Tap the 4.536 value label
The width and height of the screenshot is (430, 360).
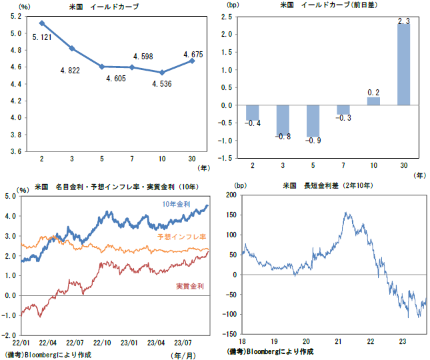tap(163, 84)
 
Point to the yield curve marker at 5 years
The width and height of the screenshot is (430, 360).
tap(101, 66)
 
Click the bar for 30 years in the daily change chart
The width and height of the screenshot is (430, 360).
tap(405, 65)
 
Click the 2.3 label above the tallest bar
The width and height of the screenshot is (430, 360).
tap(404, 21)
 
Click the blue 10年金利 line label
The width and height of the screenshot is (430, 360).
tap(175, 204)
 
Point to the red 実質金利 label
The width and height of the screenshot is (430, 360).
tap(189, 286)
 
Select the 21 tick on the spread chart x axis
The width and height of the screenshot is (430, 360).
tap(337, 340)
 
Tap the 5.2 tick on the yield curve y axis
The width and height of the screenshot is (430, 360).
tap(14, 15)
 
